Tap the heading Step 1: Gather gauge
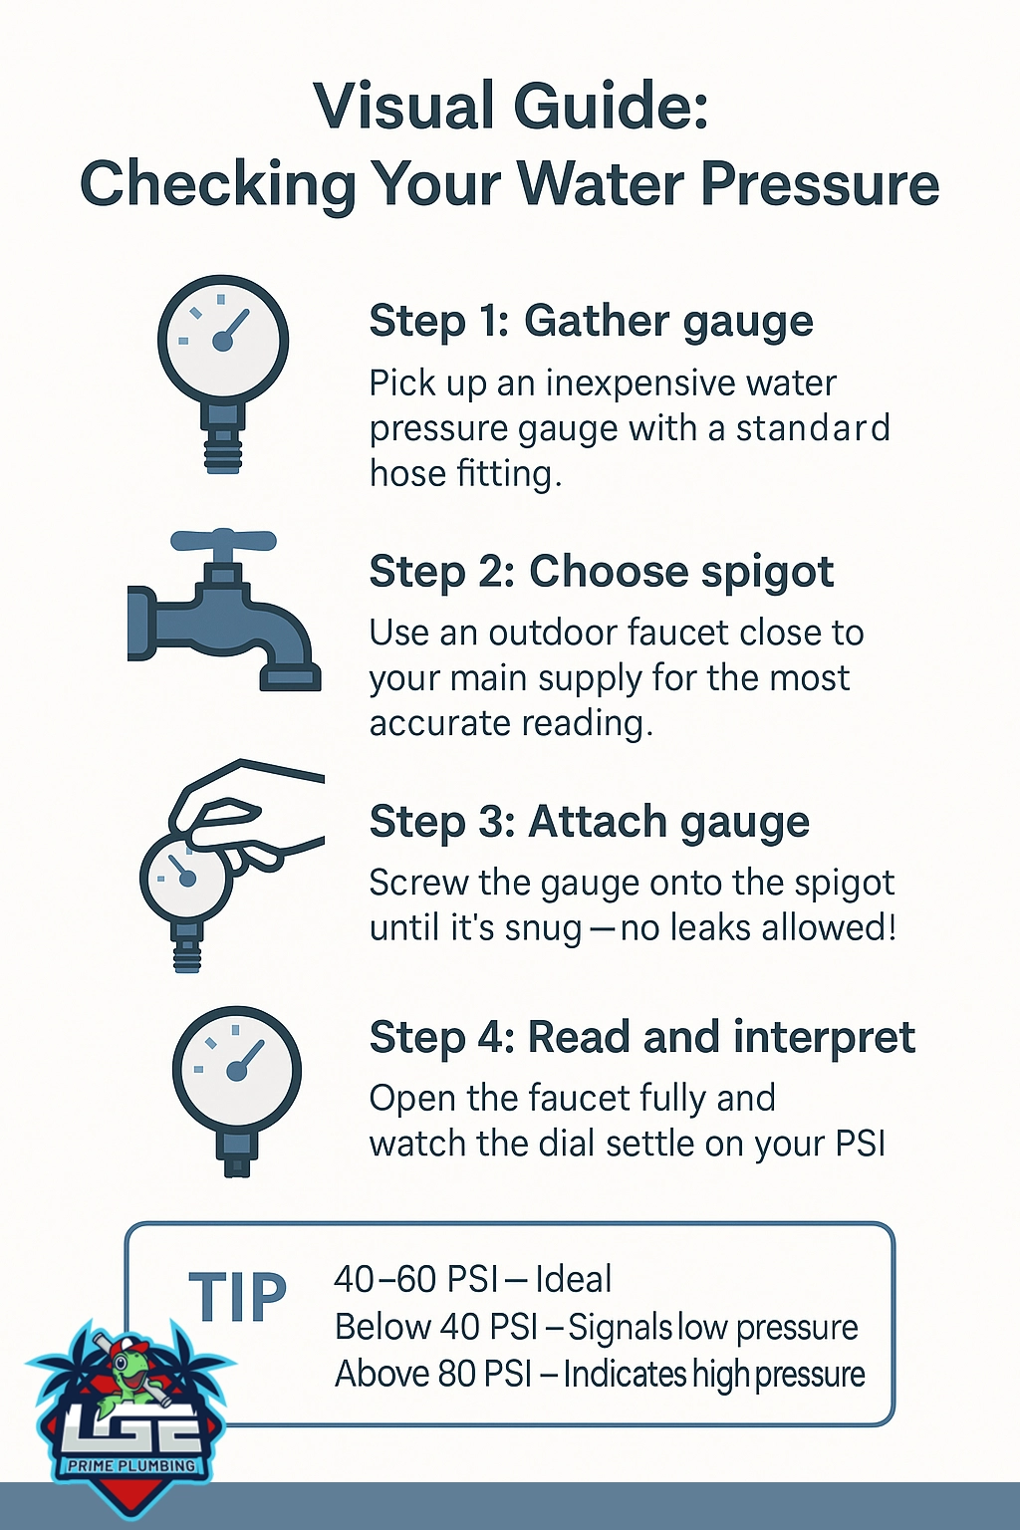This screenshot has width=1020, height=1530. tap(591, 323)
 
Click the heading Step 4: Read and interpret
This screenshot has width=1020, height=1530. tap(642, 1037)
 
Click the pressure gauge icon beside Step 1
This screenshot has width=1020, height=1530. tap(223, 374)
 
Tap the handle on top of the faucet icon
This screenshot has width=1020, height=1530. tap(223, 541)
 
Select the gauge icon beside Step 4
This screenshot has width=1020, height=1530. tap(236, 1091)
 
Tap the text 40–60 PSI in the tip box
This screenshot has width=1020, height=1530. tap(414, 1279)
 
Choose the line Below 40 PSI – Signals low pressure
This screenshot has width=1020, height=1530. tap(596, 1327)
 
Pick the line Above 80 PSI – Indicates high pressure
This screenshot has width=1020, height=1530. tap(600, 1374)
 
